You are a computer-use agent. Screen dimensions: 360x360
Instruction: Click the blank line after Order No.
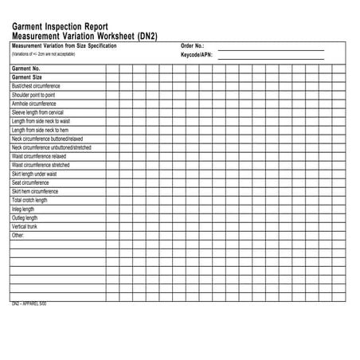271,49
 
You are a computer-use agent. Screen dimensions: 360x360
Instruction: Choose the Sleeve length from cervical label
38,112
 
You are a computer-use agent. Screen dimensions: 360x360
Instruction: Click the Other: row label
18,236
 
